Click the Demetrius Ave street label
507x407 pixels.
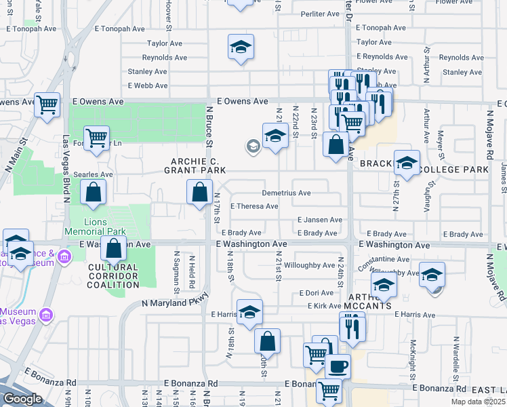[286, 193]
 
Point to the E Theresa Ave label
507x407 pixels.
[255, 206]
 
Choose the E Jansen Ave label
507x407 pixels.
[320, 220]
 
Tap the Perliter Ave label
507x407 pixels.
[320, 14]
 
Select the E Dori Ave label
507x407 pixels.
[317, 293]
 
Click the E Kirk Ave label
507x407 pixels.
[320, 306]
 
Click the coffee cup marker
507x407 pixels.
[338, 366]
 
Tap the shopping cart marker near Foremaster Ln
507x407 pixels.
[97, 138]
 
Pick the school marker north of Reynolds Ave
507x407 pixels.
[241, 47]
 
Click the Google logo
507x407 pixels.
[22, 399]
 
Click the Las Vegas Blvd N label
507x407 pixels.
[66, 170]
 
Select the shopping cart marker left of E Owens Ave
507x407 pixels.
[47, 105]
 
